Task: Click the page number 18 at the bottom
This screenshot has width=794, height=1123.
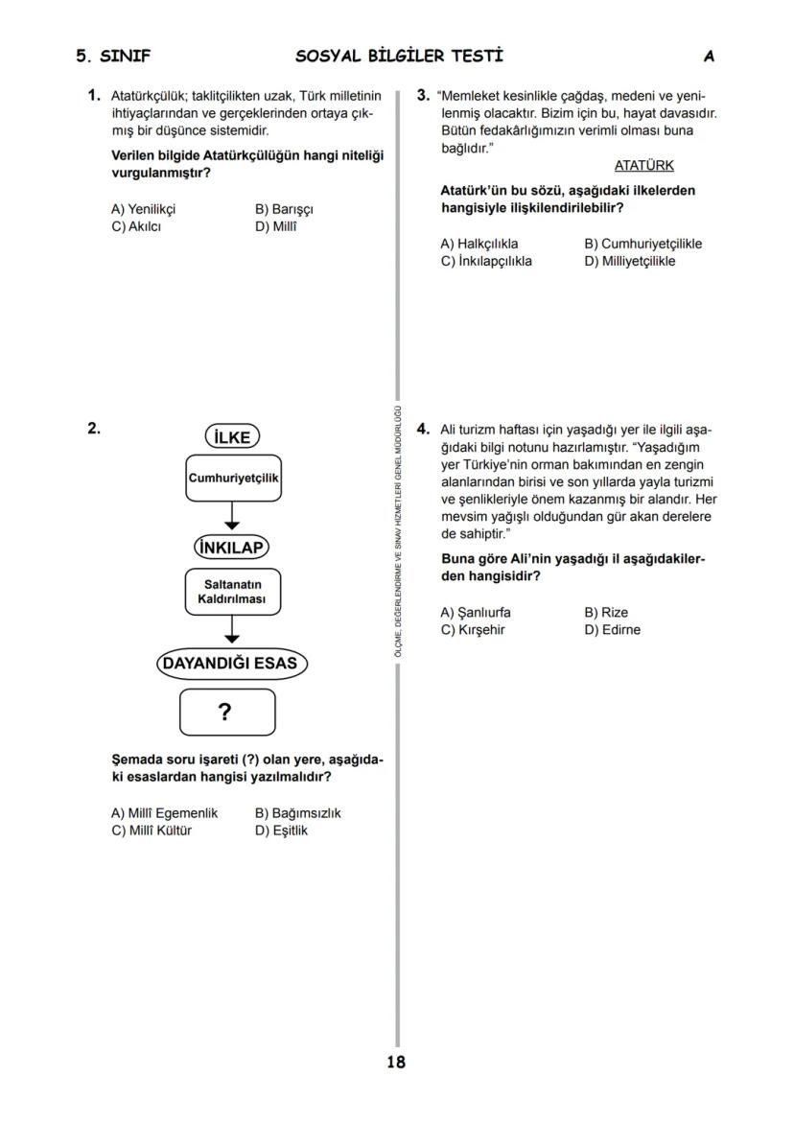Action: click(x=396, y=1062)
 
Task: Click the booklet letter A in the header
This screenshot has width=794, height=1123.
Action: click(x=709, y=57)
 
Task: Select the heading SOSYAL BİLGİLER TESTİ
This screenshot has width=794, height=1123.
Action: click(x=399, y=56)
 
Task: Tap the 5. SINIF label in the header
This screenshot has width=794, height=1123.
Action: click(x=113, y=57)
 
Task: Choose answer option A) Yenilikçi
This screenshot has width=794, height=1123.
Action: click(x=144, y=209)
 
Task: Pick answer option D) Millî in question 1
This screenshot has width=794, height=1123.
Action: click(x=276, y=226)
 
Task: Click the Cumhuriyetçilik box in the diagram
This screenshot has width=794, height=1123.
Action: click(x=233, y=478)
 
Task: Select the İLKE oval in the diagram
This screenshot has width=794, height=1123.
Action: click(x=232, y=437)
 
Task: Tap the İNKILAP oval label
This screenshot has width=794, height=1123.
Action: click(x=231, y=548)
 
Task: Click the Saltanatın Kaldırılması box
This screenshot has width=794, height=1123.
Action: click(x=232, y=592)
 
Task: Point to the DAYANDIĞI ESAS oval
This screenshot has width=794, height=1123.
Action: click(x=231, y=664)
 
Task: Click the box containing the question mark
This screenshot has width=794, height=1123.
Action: click(x=227, y=712)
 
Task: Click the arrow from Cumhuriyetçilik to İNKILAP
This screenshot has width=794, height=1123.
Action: click(x=232, y=516)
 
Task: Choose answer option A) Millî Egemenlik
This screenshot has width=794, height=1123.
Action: click(x=165, y=813)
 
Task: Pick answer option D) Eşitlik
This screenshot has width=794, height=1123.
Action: click(x=281, y=831)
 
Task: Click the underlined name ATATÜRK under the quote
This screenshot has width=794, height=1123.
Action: click(x=643, y=165)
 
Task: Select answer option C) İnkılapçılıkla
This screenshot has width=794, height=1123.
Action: click(x=486, y=261)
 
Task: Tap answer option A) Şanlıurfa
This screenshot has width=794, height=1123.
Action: click(x=476, y=612)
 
